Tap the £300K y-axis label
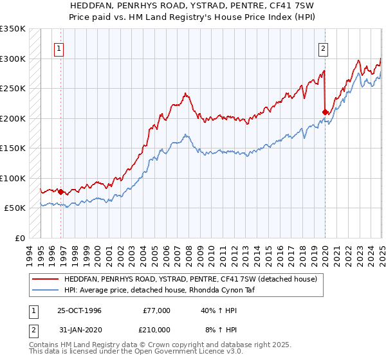coord(13,59)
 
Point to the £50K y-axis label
coord(15,208)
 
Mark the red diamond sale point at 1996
coord(61,192)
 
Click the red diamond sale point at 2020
coord(325,112)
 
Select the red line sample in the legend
coord(45,280)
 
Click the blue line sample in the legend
coord(45,290)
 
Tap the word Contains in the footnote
coord(45,346)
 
